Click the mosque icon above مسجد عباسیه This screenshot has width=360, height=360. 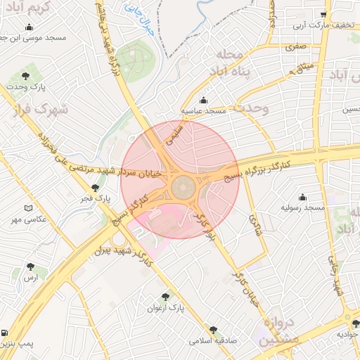204,100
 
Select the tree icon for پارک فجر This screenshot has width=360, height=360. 96,187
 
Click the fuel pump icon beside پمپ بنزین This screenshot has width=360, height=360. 6,333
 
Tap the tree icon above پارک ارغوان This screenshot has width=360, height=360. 166,297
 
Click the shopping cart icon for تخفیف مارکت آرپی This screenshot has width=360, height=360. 323,15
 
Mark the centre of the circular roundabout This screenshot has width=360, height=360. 183,188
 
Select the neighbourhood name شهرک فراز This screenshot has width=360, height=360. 37,110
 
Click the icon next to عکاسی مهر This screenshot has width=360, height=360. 29,208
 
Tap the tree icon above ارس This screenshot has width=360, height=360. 30,266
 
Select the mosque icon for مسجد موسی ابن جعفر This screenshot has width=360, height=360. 29,27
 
